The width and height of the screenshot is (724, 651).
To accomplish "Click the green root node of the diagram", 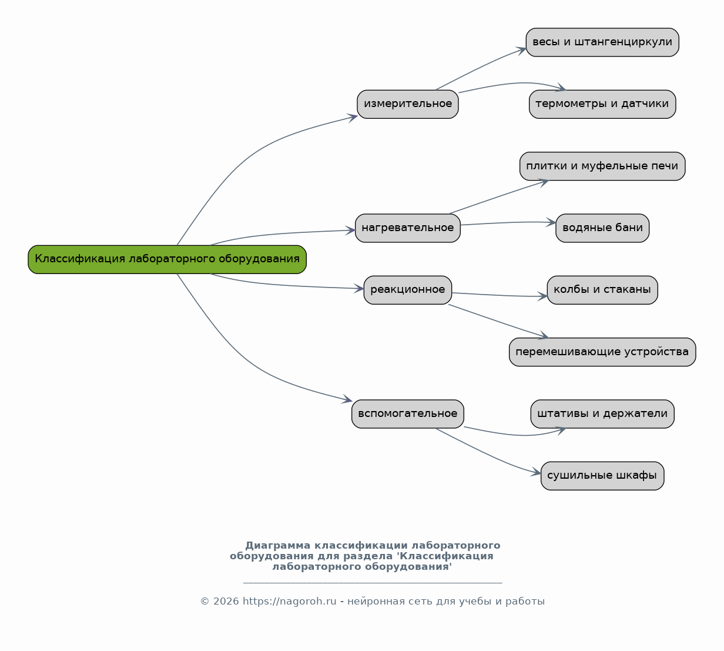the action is point(167,259).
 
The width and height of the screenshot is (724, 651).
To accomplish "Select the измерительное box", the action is point(408,104).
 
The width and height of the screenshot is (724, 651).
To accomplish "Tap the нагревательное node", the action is point(408,228).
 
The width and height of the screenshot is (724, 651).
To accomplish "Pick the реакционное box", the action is point(408,290).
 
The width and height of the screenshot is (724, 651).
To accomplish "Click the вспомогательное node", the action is point(408,414).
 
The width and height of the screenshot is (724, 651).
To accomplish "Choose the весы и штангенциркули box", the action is point(602,42).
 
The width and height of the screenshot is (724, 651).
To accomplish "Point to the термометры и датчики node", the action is point(602,104).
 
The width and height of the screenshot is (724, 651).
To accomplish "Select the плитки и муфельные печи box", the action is point(602,166).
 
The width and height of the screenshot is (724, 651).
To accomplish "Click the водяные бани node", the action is point(602,228).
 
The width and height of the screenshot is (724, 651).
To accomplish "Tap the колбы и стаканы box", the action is point(602,290).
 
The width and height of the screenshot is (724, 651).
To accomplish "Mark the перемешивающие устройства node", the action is point(602,352).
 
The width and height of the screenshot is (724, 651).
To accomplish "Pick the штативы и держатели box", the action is point(602,414).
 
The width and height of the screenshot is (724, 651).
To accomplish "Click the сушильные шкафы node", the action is point(602,476).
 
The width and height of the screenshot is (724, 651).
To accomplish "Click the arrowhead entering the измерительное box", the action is point(353,118).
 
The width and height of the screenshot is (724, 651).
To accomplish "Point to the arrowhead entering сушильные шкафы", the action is point(536,472).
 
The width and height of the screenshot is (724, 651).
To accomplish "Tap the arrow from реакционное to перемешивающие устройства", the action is point(498,321).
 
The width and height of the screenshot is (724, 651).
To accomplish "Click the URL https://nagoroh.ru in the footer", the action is point(290,602).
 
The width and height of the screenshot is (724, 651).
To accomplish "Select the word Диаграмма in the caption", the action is point(277,546).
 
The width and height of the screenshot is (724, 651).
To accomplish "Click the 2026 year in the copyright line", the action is point(226,602).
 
